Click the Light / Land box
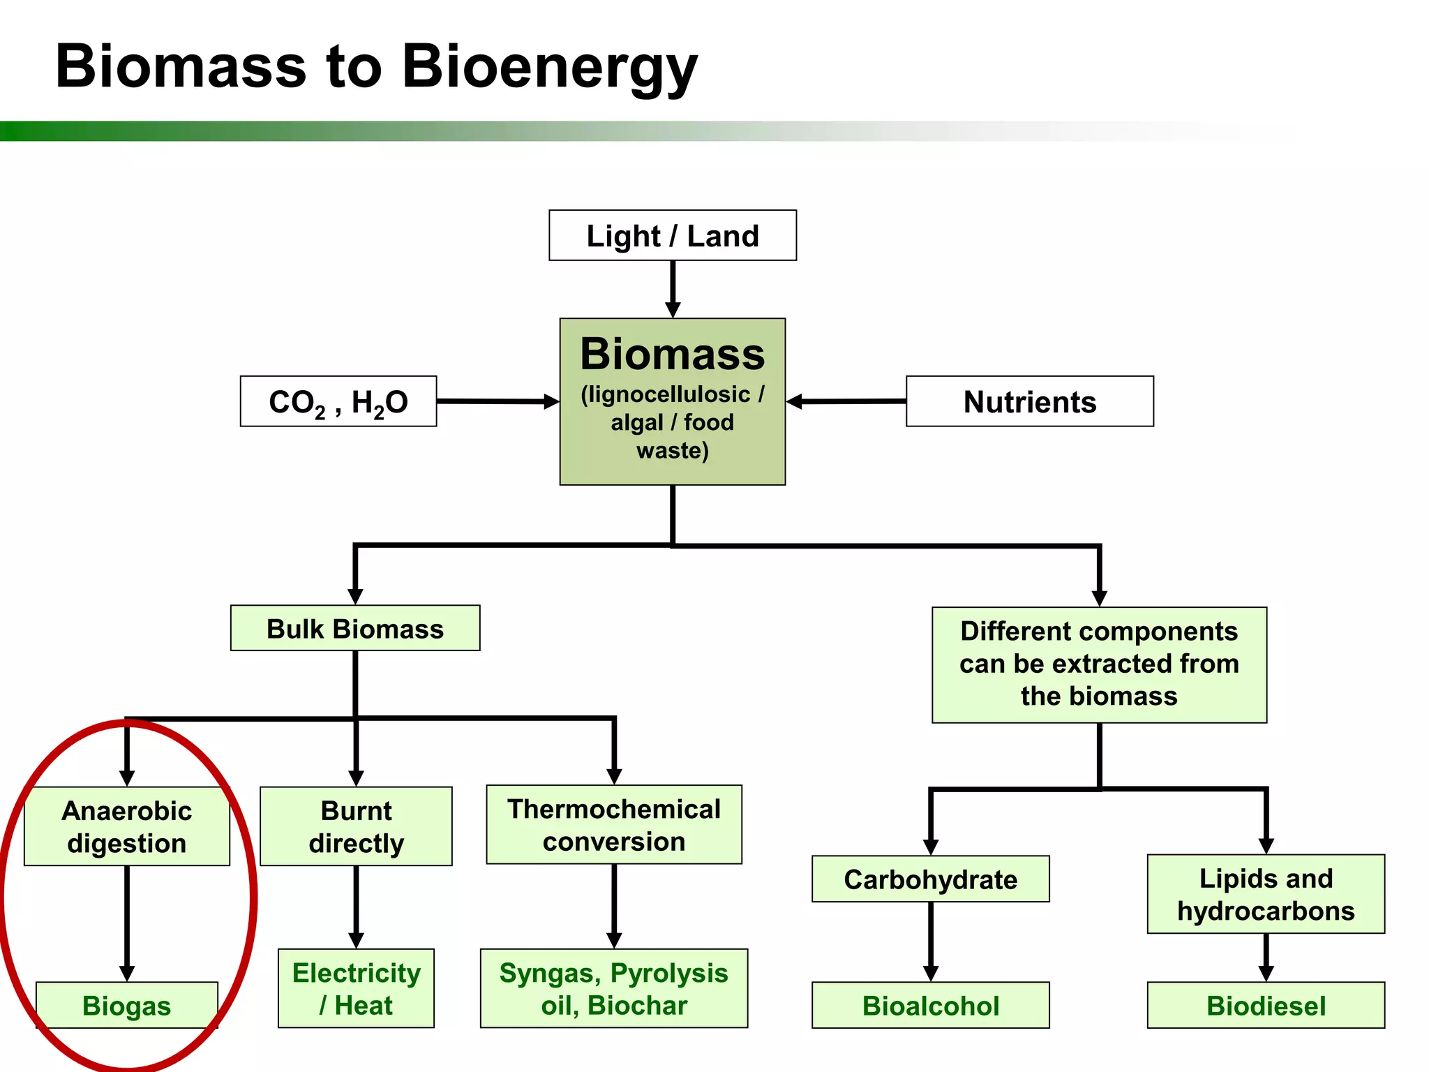point(672,236)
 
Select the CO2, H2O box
point(338,401)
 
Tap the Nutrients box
point(1029,401)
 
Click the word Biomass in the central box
point(672,354)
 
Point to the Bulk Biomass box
point(355,628)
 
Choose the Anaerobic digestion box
point(127,826)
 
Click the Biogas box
point(127,1005)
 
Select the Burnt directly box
point(356,826)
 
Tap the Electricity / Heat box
point(356,988)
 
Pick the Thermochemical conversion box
point(614,825)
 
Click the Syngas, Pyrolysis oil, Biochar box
point(614,988)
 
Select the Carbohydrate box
point(930,879)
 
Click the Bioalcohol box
point(930,1005)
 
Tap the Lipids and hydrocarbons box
point(1266,894)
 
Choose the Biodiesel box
point(1266,1005)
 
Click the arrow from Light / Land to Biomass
point(673,288)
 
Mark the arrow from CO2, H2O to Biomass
point(497,401)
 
